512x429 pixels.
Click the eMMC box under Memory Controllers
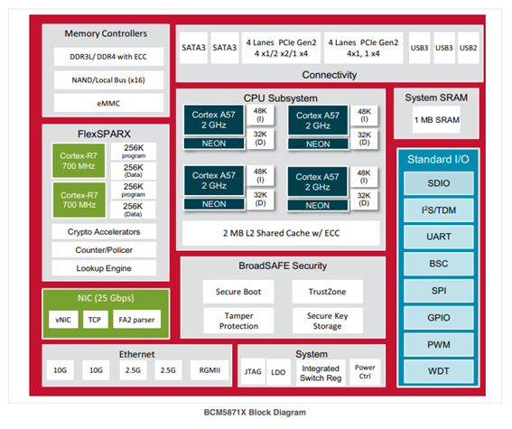click(x=108, y=103)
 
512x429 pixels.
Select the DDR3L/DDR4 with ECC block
click(x=108, y=57)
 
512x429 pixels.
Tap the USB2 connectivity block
click(x=469, y=48)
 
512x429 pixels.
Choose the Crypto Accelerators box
click(x=104, y=231)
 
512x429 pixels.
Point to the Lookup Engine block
click(x=104, y=268)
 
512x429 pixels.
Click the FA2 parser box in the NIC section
click(x=136, y=320)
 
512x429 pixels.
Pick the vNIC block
click(x=63, y=320)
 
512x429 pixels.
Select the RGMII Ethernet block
click(x=209, y=370)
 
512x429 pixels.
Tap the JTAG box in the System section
click(x=253, y=372)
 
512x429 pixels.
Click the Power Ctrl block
click(x=365, y=372)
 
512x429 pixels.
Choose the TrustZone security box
click(x=327, y=291)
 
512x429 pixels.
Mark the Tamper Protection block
click(x=238, y=321)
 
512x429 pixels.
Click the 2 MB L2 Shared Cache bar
click(x=281, y=233)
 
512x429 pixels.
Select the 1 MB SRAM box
click(x=436, y=120)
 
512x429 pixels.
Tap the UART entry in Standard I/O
click(x=439, y=237)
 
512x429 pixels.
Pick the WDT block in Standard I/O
click(x=439, y=371)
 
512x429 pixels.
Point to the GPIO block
click(x=439, y=317)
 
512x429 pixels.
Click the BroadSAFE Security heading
click(x=283, y=266)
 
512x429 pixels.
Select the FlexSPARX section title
click(x=104, y=134)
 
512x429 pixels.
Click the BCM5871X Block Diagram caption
click(x=255, y=413)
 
